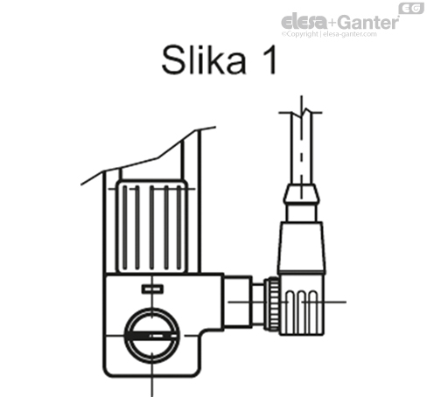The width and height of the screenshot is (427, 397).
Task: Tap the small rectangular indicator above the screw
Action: pyautogui.click(x=151, y=289)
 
